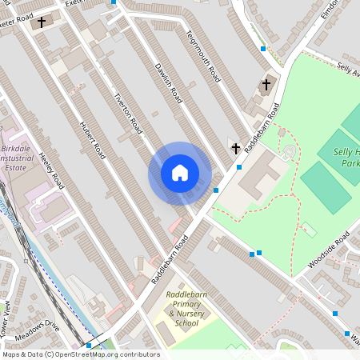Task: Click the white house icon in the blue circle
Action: pyautogui.click(x=180, y=173)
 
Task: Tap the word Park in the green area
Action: pyautogui.click(x=350, y=163)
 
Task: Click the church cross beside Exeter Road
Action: pyautogui.click(x=42, y=22)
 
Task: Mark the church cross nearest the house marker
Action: pyautogui.click(x=235, y=147)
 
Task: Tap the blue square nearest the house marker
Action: pyautogui.click(x=216, y=190)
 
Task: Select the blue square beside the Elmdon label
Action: pyautogui.click(x=263, y=49)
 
